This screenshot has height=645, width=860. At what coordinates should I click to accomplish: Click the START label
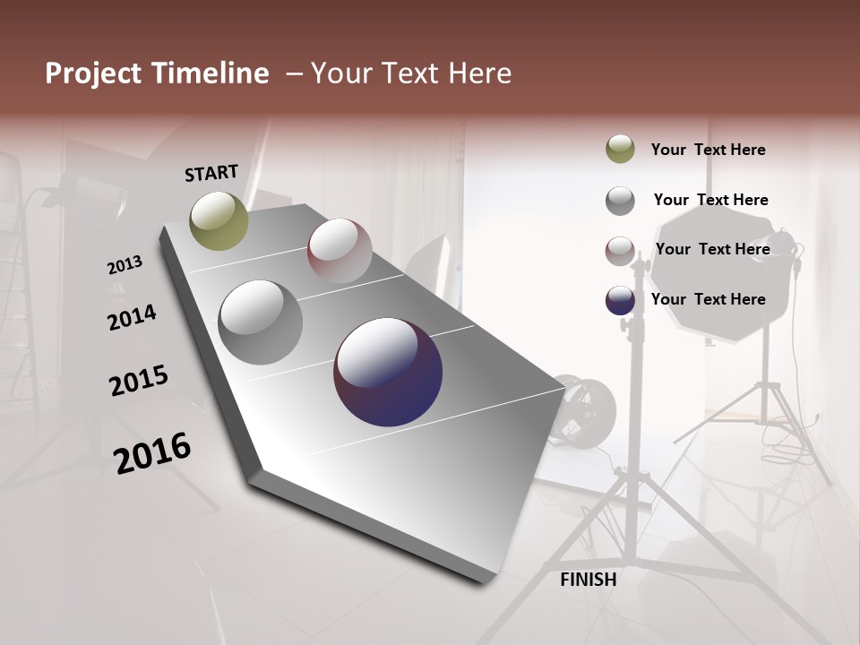[211, 173]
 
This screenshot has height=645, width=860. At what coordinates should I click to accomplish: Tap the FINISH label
[589, 580]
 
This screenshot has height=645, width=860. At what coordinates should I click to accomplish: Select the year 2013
[125, 265]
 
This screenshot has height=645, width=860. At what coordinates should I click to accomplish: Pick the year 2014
[132, 318]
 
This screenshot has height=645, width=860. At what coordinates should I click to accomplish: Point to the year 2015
[139, 381]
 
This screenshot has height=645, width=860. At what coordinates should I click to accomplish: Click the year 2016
[152, 453]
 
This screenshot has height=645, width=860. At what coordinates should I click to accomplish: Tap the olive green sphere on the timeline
[219, 220]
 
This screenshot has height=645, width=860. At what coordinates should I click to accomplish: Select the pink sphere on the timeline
[340, 251]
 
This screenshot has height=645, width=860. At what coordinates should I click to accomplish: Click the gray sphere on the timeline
[261, 322]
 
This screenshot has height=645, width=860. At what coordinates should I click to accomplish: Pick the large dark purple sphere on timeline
[388, 372]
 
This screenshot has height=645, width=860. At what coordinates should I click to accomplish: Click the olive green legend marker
[620, 149]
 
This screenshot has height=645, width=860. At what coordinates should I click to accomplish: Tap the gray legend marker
[620, 200]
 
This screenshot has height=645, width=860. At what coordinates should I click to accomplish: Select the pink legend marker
[620, 250]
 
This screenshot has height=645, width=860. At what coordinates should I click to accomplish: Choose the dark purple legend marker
[620, 300]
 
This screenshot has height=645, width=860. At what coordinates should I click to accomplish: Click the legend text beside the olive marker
[708, 150]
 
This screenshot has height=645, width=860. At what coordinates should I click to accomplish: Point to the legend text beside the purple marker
[708, 299]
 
